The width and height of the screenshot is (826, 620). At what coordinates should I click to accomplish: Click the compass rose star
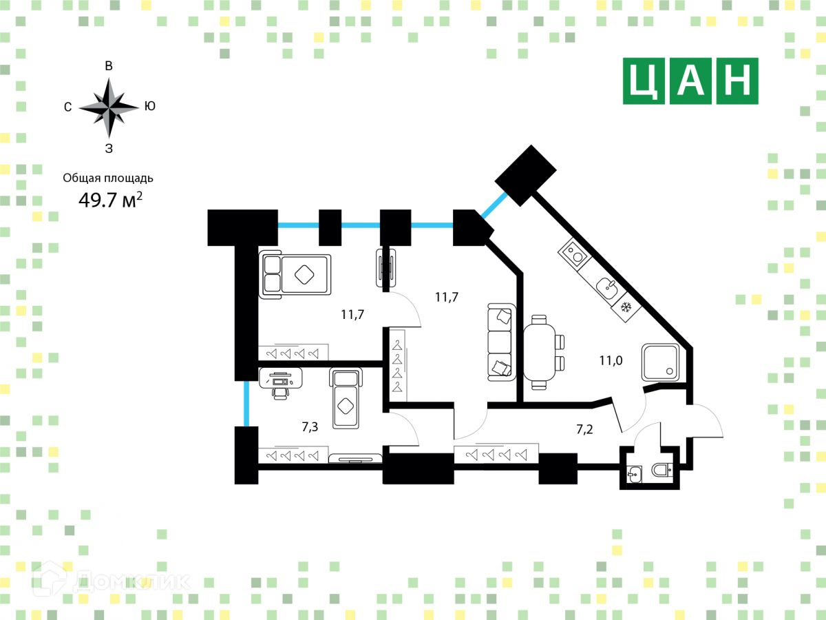tap(109, 107)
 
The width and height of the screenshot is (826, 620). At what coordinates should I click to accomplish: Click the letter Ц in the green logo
tap(644, 81)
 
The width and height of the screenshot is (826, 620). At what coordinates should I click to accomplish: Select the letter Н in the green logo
tap(737, 81)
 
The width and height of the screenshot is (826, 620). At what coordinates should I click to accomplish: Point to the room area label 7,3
tap(310, 427)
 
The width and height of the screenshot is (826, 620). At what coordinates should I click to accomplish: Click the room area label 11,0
tap(611, 359)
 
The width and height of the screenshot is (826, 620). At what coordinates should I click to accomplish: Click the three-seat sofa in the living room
tap(501, 342)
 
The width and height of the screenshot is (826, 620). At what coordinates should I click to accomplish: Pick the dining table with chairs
tap(543, 352)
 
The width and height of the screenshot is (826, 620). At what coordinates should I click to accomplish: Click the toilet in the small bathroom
tap(662, 471)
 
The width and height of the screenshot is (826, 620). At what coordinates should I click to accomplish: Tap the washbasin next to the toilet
tap(635, 473)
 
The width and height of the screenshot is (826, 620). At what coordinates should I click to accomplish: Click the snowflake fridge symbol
tap(626, 307)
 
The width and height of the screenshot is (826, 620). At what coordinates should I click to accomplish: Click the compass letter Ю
tap(149, 106)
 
